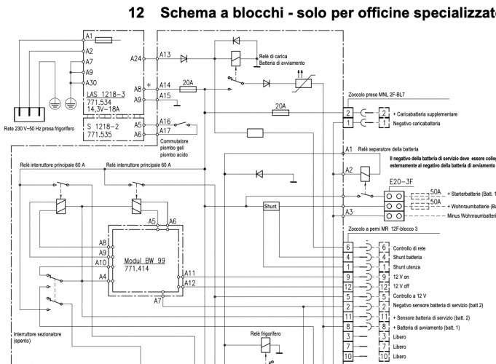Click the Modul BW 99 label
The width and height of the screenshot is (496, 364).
144,260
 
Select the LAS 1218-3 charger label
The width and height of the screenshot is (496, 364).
106,95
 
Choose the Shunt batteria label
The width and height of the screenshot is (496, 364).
409,257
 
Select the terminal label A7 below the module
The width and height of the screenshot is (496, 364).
158,301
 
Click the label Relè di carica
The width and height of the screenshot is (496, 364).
272,56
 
